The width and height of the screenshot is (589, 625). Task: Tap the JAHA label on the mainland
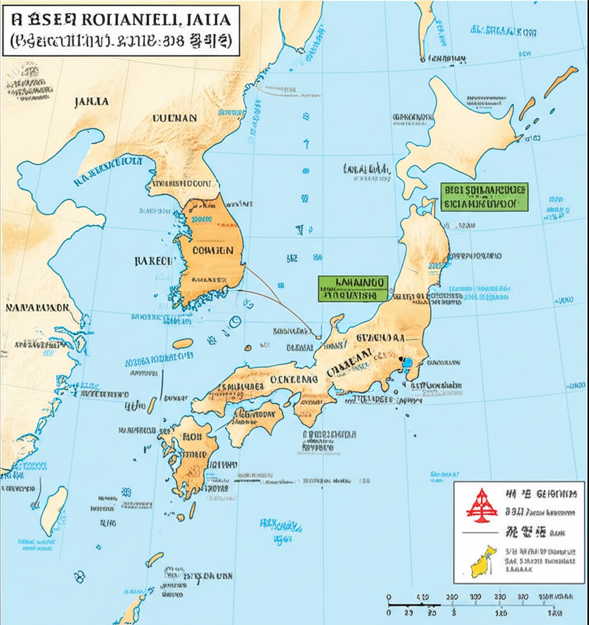tap(91, 102)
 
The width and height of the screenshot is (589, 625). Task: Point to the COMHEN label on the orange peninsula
tap(212, 250)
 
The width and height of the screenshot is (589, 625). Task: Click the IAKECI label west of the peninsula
tap(152, 261)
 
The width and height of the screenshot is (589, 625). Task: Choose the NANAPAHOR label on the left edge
tap(37, 307)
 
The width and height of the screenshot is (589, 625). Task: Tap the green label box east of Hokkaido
tap(484, 197)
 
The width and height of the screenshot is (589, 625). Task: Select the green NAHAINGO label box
tap(353, 288)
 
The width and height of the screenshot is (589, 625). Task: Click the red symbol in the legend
tap(481, 505)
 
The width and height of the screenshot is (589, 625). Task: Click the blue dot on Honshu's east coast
tap(406, 363)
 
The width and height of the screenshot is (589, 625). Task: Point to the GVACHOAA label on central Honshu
tap(380, 338)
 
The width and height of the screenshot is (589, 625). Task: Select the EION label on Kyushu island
tap(191, 437)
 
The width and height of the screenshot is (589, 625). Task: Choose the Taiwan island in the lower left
tap(54, 510)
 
